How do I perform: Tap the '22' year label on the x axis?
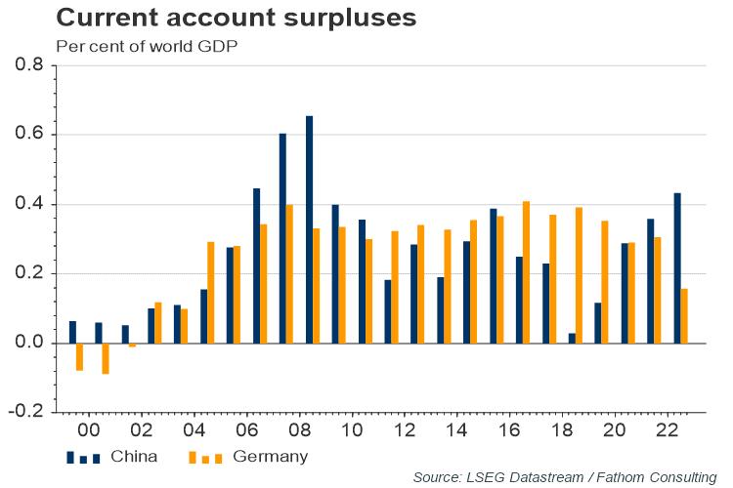668,429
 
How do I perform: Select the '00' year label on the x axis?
88,429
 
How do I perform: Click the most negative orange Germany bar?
106,358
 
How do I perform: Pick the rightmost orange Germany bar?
684,315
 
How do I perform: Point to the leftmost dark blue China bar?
72,332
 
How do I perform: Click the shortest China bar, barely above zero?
573,338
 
